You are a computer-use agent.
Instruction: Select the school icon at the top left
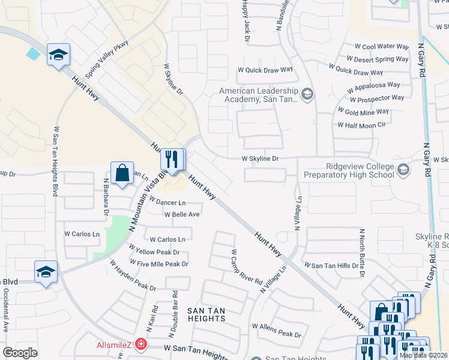pyautogui.click(x=58, y=55)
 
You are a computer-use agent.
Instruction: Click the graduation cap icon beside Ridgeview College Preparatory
pyautogui.click(x=403, y=170)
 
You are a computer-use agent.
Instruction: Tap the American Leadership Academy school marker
pyautogui.click(x=307, y=94)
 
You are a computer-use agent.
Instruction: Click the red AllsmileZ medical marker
pyautogui.click(x=141, y=344)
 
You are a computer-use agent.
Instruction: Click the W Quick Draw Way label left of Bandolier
pyautogui.click(x=265, y=69)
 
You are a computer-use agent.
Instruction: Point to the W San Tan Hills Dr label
pyautogui.click(x=332, y=265)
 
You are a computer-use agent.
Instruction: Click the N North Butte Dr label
pyautogui.click(x=362, y=253)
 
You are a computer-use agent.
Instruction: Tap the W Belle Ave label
pyautogui.click(x=182, y=214)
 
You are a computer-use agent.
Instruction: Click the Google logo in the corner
pyautogui.click(x=20, y=353)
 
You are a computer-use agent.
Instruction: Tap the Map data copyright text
pyautogui.click(x=423, y=355)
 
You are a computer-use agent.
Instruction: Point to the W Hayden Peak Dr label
pyautogui.click(x=133, y=276)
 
